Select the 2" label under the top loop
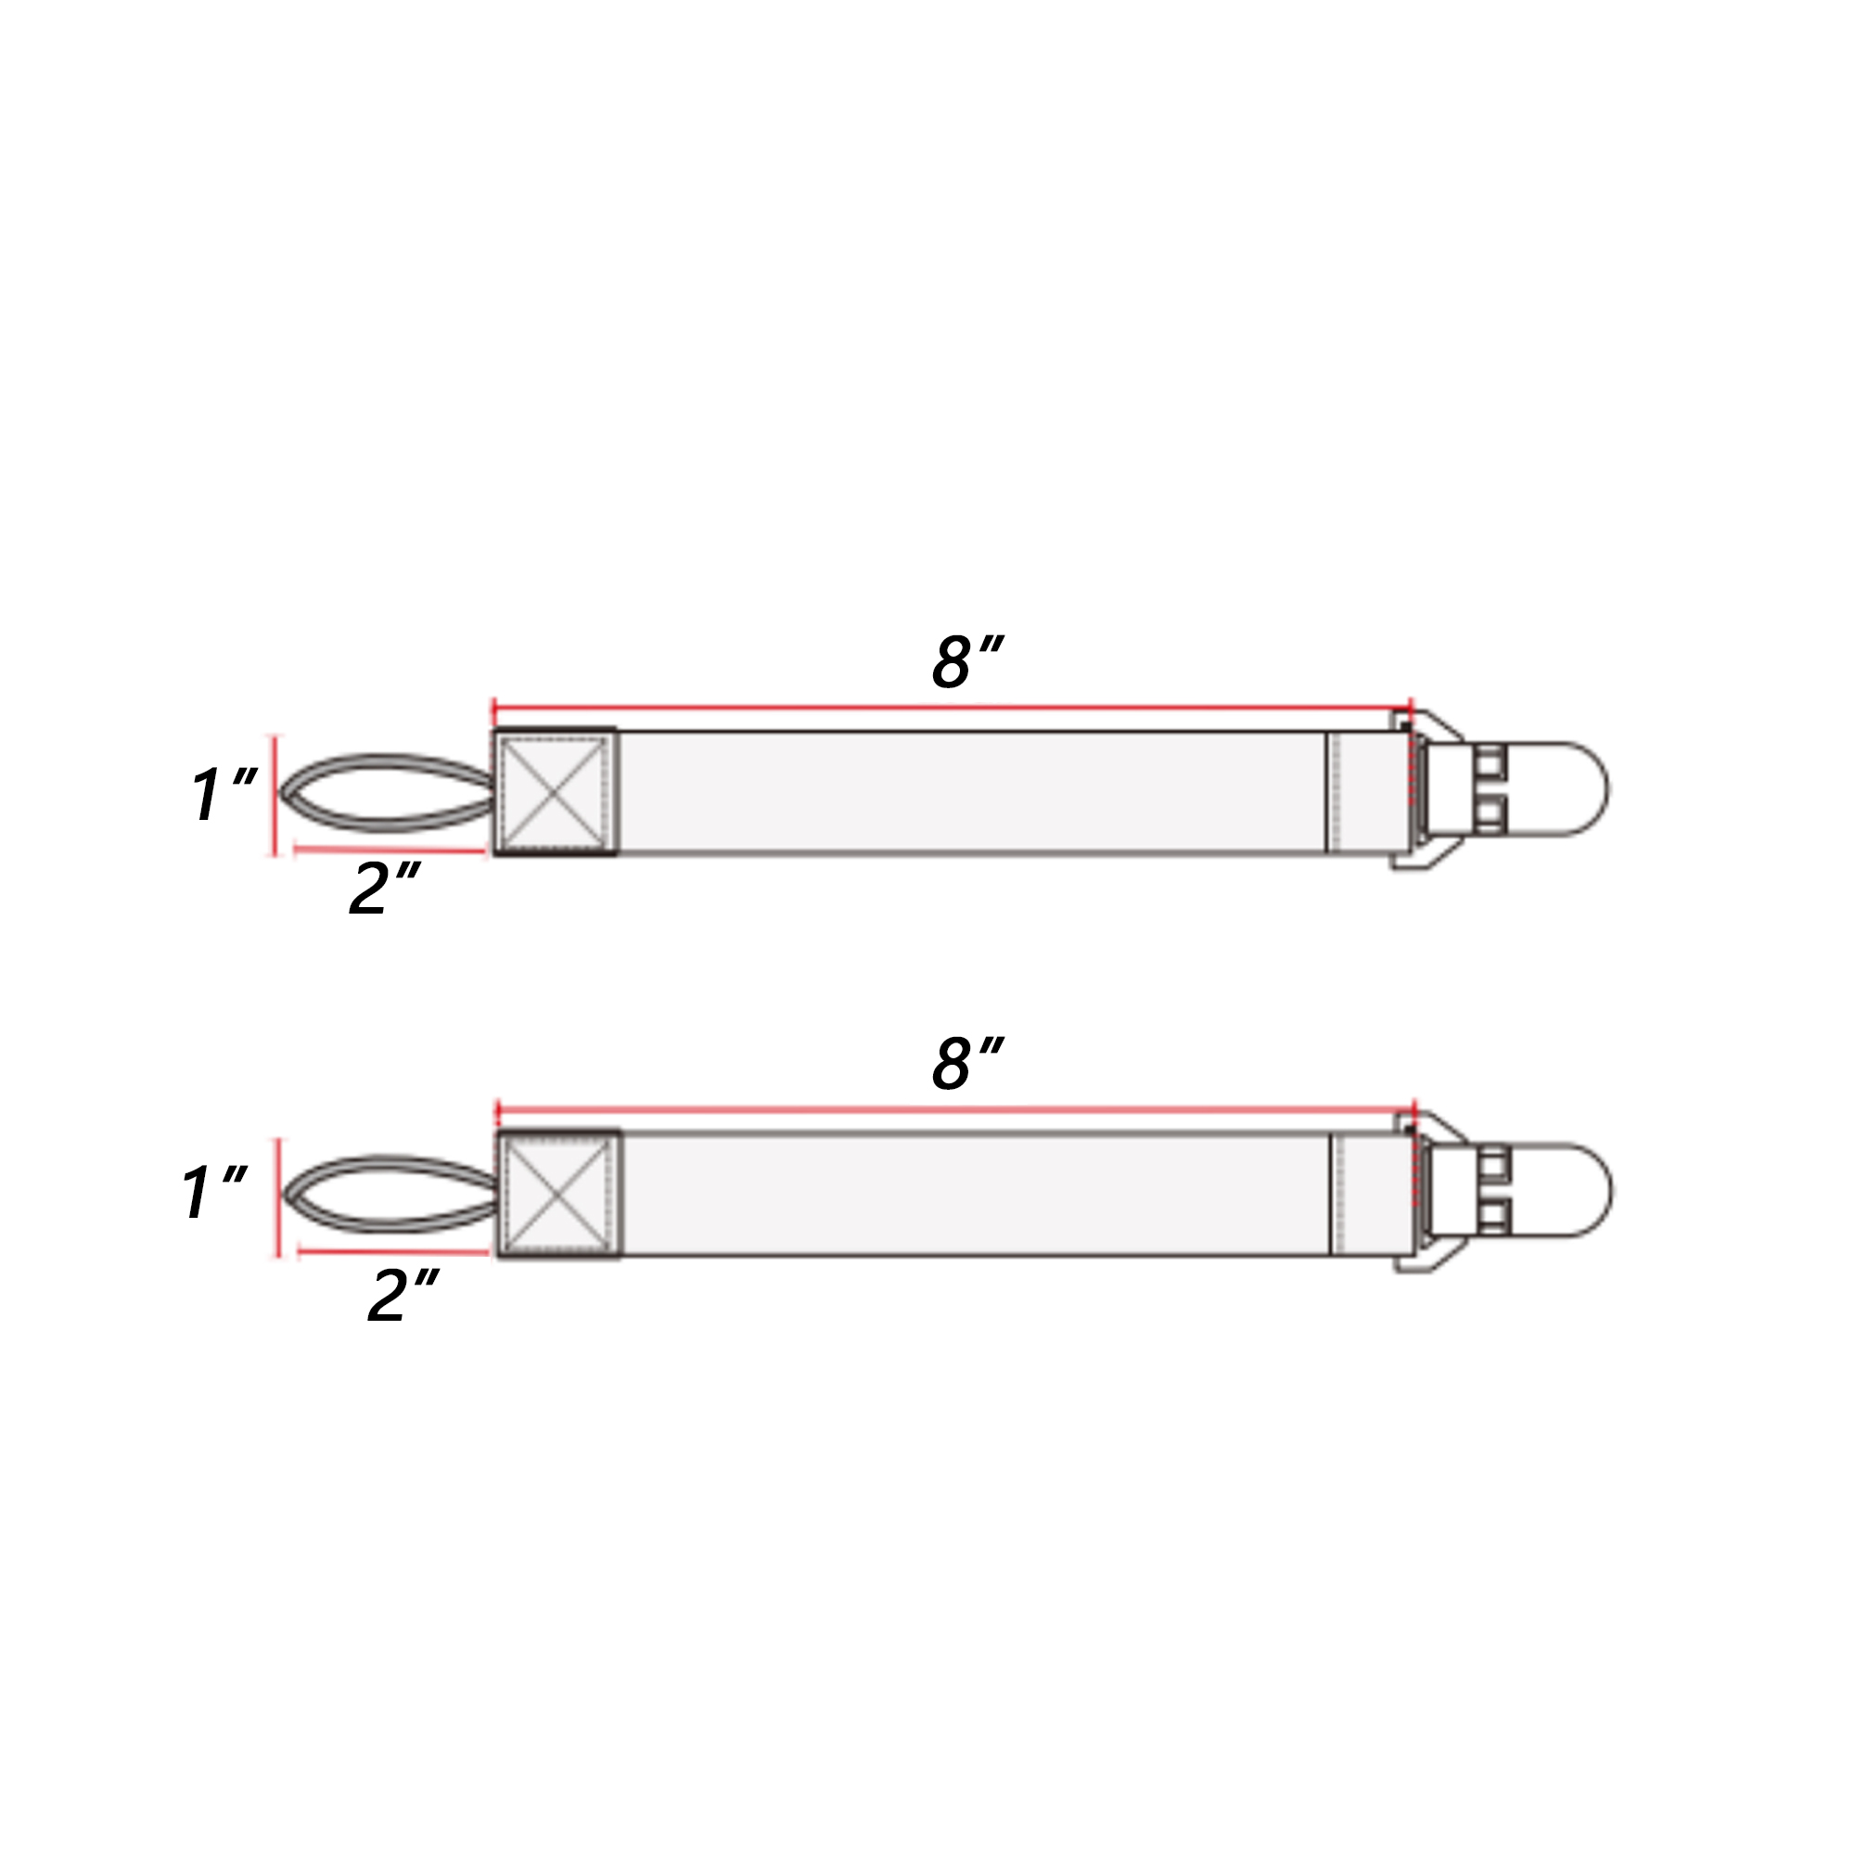(x=385, y=889)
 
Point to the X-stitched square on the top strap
(x=555, y=791)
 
